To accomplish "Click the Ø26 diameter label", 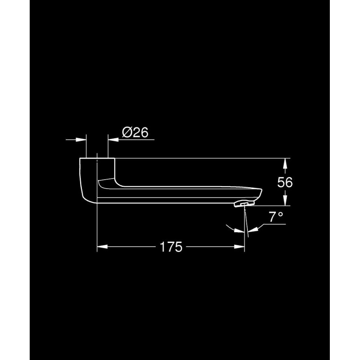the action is pos(135,132).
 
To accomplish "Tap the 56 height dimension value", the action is pos(285,182).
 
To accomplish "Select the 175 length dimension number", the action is pos(171,247).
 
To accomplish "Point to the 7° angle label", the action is pos(276,217).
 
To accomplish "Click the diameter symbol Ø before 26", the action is pos(127,133).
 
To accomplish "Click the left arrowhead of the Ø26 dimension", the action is pos(81,139).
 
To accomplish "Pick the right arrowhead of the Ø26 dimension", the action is pos(113,139).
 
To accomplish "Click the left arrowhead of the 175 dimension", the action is pos(103,247).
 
